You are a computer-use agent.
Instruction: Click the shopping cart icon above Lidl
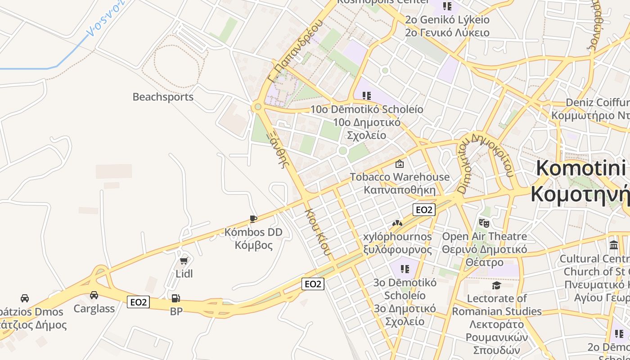coord(184,261)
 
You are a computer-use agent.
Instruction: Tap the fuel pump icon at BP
coord(175,298)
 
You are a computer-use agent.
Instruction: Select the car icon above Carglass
coord(94,295)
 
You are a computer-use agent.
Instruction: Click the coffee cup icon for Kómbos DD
coord(253,219)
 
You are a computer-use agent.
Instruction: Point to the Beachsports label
coord(163,97)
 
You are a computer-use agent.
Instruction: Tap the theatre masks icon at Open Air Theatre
coord(484,223)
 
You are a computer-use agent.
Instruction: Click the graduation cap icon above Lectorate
coord(496,285)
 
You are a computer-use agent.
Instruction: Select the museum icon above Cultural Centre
coord(614,245)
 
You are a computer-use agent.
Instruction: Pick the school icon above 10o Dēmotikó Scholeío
coord(367,95)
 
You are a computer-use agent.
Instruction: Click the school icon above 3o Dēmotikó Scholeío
coord(405,269)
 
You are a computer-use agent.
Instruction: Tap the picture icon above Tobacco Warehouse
coord(399,164)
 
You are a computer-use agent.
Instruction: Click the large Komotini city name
coord(580,168)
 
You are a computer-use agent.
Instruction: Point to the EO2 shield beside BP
coord(138,302)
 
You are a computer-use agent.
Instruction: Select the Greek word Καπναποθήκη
coord(400,190)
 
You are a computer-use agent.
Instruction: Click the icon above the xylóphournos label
coord(396,223)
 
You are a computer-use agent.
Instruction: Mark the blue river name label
coord(104,18)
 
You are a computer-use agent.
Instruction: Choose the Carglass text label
coord(94,309)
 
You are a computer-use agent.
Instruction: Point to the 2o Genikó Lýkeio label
coord(447,20)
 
